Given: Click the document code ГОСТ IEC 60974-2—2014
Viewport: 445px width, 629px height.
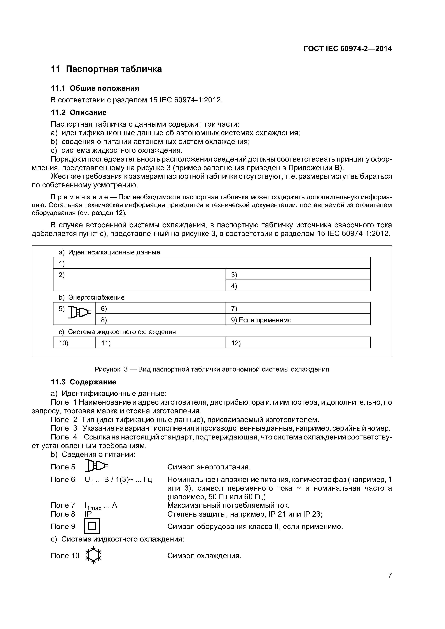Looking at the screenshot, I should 348,49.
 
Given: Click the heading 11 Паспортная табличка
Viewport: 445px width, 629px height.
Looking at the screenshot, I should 106,69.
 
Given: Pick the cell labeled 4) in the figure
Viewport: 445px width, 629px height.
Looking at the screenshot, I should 298,286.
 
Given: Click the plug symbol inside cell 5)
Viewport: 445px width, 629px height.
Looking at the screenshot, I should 79,312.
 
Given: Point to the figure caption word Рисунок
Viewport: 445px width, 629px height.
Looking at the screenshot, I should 107,369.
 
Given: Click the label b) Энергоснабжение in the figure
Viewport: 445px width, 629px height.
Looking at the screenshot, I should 92,297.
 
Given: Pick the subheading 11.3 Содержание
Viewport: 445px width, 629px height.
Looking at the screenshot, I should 84,382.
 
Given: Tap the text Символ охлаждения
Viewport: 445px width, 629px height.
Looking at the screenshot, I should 204,556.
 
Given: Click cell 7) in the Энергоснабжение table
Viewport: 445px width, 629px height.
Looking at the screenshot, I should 298,308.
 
